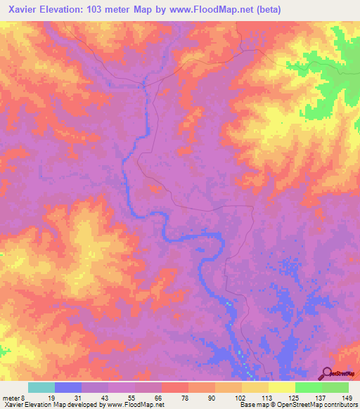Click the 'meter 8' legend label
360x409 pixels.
click(x=11, y=398)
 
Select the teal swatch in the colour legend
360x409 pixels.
click(x=41, y=387)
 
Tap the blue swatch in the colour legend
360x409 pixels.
click(x=68, y=387)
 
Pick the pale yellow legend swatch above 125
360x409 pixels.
click(x=282, y=387)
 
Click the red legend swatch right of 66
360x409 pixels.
click(x=175, y=387)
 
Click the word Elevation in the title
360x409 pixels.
click(x=62, y=9)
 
